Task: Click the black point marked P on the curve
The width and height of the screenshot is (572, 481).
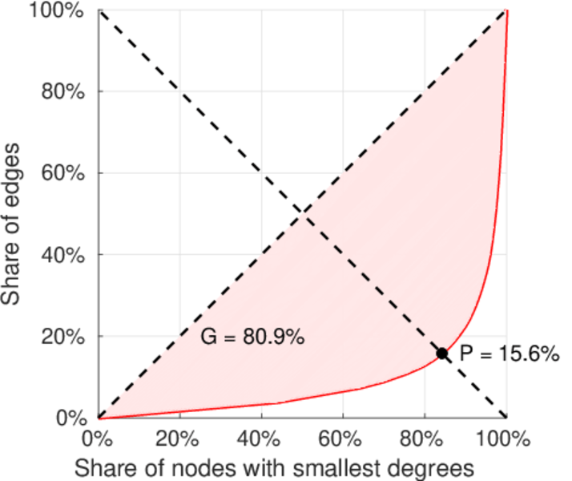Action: (x=441, y=353)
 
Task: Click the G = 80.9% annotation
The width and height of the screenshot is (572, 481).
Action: (x=252, y=338)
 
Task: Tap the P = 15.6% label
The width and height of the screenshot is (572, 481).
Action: (x=508, y=354)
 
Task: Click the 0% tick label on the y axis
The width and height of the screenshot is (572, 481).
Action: (x=72, y=418)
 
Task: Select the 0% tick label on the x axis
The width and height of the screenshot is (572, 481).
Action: (x=99, y=439)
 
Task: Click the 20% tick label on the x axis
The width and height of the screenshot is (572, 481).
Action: (x=180, y=439)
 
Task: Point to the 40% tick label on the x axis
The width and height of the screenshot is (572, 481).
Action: (x=262, y=439)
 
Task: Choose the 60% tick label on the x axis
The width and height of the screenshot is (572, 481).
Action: (x=343, y=439)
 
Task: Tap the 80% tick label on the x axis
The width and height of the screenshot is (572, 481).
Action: (x=425, y=439)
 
